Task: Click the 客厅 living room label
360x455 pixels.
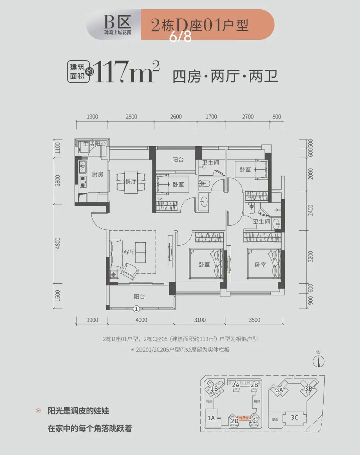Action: (129, 252)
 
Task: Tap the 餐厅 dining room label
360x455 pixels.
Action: (131, 181)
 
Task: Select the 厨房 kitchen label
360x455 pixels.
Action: (98, 174)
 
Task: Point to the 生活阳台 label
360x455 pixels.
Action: (94, 144)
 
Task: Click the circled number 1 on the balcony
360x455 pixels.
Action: (136, 309)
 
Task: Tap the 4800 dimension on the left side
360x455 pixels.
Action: (58, 243)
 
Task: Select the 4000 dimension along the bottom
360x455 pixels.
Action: (141, 320)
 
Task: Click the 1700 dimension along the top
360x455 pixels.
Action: (211, 117)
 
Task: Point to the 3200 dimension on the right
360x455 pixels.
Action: (311, 256)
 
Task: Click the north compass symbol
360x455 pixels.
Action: (319, 361)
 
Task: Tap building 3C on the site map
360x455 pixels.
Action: (294, 418)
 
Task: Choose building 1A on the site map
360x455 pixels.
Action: (211, 418)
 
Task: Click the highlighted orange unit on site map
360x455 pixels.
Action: (243, 418)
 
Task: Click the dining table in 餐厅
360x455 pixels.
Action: (131, 182)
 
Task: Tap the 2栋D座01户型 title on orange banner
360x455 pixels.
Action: (200, 25)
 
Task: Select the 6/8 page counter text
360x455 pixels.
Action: (180, 37)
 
